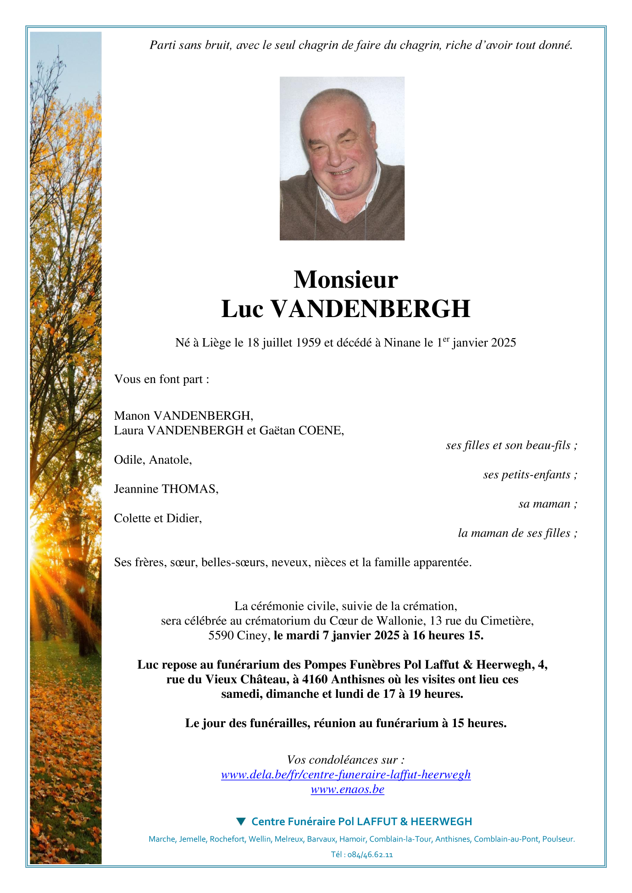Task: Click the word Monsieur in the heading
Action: (345, 279)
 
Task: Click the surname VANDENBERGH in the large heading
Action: (370, 309)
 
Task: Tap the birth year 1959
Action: (308, 343)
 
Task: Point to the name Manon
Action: (132, 416)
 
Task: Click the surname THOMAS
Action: (190, 489)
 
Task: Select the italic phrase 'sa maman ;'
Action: (548, 504)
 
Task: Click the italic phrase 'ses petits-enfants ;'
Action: (530, 475)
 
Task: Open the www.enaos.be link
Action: (347, 789)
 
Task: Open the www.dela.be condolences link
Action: (345, 774)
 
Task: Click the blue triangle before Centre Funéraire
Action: (241, 821)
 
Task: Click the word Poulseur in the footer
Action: (558, 839)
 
